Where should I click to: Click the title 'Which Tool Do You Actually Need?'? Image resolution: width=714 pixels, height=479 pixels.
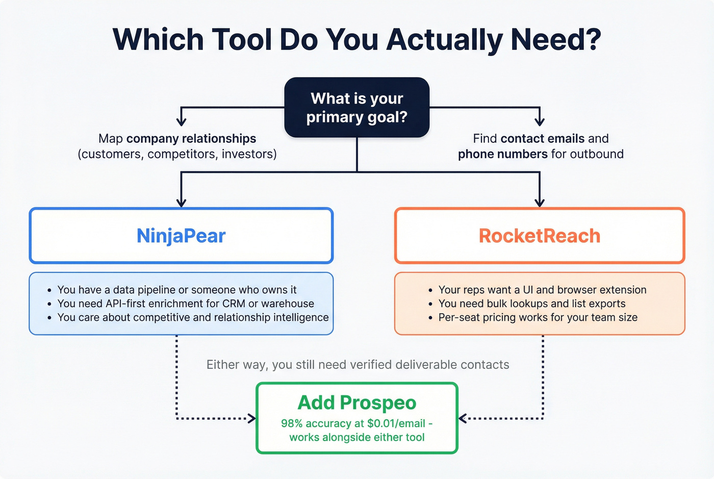pyautogui.click(x=356, y=40)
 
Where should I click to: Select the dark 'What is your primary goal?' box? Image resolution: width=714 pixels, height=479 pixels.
pyautogui.click(x=356, y=108)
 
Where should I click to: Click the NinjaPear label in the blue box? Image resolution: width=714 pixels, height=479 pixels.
pyautogui.click(x=181, y=236)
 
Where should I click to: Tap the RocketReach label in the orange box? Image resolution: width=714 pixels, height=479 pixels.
pyautogui.click(x=540, y=236)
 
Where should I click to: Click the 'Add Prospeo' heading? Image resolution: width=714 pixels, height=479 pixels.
pyautogui.click(x=356, y=402)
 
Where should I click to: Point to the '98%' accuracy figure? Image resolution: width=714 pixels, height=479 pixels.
pyautogui.click(x=291, y=423)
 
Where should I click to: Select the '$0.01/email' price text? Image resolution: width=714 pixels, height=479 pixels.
pyautogui.click(x=396, y=423)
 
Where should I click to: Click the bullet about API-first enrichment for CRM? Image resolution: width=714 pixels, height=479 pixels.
pyautogui.click(x=186, y=304)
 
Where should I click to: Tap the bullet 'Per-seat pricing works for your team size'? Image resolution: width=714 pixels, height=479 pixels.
pyautogui.click(x=538, y=317)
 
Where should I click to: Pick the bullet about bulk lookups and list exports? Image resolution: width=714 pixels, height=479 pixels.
pyautogui.click(x=531, y=304)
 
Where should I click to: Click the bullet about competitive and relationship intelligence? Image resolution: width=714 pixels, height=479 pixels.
pyautogui.click(x=193, y=317)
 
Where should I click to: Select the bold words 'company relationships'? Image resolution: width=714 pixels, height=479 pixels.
pyautogui.click(x=191, y=139)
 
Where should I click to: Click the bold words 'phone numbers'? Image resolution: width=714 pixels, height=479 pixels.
pyautogui.click(x=502, y=154)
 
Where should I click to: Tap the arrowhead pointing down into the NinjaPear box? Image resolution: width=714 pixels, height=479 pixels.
pyautogui.click(x=181, y=203)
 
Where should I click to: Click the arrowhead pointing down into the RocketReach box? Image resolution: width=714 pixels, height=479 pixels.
pyautogui.click(x=540, y=203)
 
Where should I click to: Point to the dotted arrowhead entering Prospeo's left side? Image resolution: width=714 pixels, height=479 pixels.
pyautogui.click(x=251, y=419)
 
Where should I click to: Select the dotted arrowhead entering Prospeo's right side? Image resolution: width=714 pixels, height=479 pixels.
pyautogui.click(x=463, y=419)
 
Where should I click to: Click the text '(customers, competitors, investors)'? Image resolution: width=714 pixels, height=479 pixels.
pyautogui.click(x=177, y=154)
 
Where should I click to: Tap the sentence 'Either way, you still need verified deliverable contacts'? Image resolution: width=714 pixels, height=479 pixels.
pyautogui.click(x=358, y=365)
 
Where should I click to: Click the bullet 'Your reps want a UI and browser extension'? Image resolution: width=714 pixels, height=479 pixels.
pyautogui.click(x=542, y=290)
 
